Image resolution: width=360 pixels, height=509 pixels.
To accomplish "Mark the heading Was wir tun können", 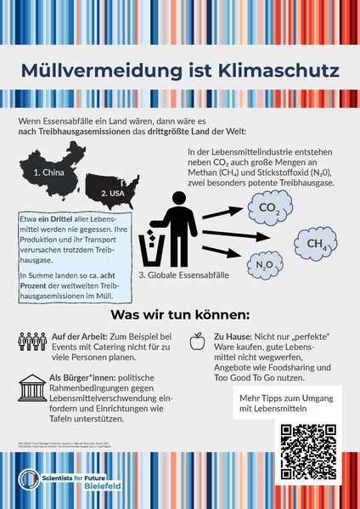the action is point(179,314).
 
